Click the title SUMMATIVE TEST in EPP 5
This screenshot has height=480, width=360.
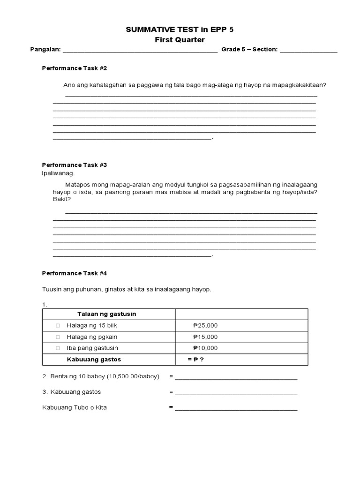(x=180, y=30)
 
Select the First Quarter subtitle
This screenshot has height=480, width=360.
(x=180, y=40)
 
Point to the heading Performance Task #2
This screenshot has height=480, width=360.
(x=75, y=68)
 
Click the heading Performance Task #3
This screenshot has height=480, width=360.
(x=75, y=165)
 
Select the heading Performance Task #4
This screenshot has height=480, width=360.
(x=75, y=273)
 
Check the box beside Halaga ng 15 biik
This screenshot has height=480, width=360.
(x=58, y=326)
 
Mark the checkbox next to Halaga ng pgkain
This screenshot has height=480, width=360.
(x=58, y=337)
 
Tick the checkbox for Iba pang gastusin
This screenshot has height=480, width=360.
(x=58, y=348)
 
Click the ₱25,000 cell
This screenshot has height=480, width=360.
(x=205, y=326)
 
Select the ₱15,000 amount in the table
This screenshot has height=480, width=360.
(x=205, y=337)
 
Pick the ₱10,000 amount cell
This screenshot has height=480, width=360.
(x=205, y=348)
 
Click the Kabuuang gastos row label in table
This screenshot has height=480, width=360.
(x=93, y=360)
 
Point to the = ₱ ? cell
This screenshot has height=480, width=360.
(x=196, y=360)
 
